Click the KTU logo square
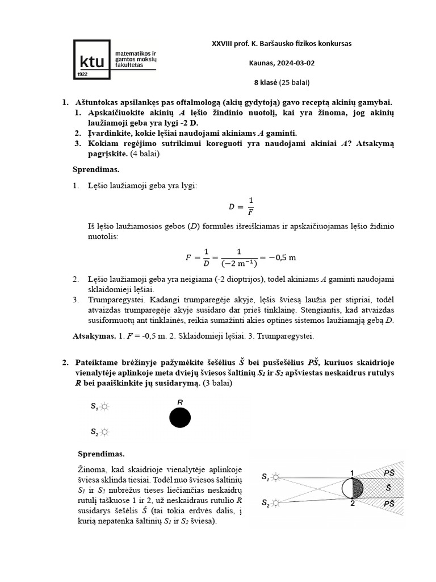coord(93,59)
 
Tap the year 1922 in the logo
coord(82,74)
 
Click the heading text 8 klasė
coord(265,82)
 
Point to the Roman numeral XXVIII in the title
coord(224,44)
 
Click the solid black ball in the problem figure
coord(180,418)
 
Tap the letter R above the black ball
coord(180,402)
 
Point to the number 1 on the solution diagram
coord(352,473)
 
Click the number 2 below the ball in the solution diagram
coord(352,504)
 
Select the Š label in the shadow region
coord(388,488)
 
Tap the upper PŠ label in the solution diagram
coord(389,472)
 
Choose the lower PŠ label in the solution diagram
coord(389,504)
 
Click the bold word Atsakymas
coord(94,336)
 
